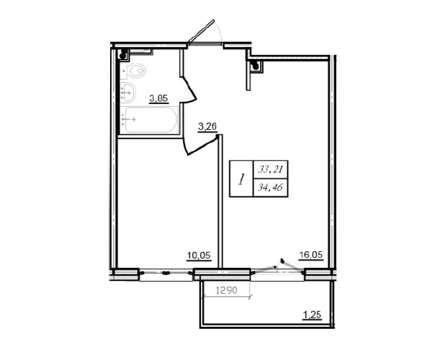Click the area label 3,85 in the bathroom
(158, 99)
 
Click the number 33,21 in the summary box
(269, 170)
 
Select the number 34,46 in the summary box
(269, 188)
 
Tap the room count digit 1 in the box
(242, 179)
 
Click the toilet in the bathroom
(137, 71)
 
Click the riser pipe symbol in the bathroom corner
(123, 55)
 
